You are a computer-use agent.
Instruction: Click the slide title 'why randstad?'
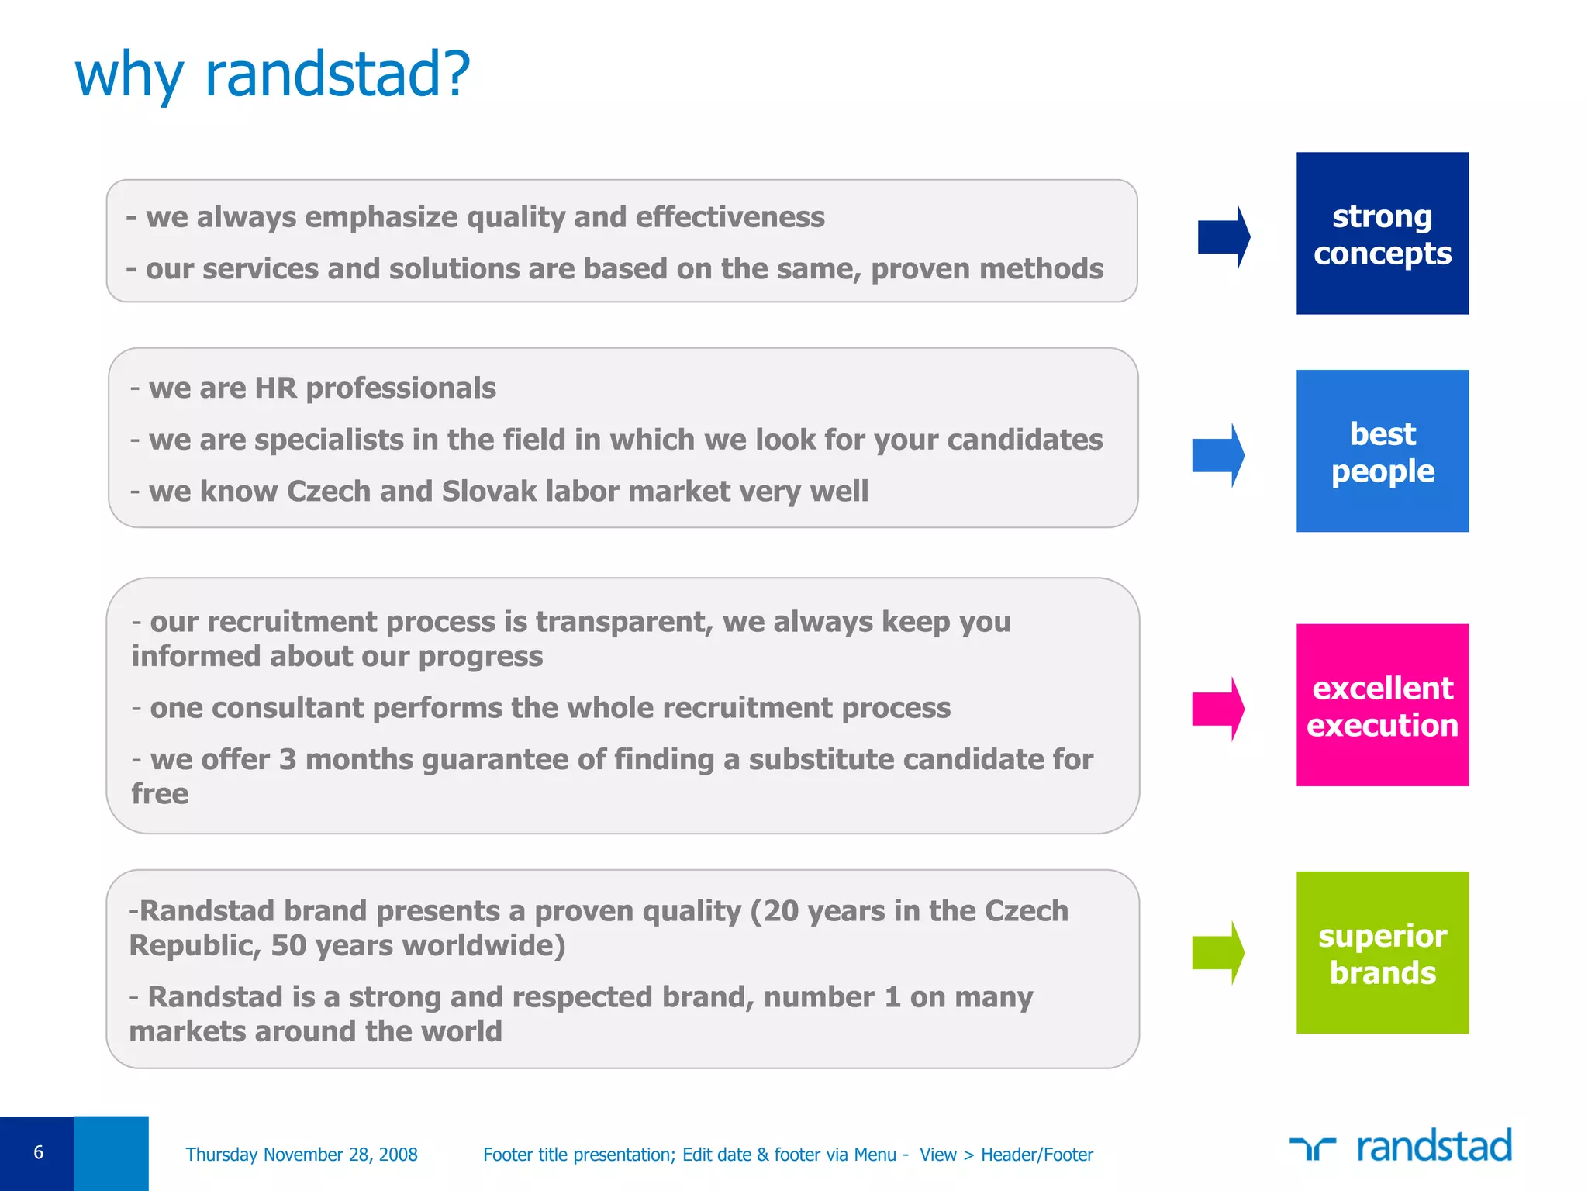pos(271,75)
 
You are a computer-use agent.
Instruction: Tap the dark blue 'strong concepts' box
pos(1382,233)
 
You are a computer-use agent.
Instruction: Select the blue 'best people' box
pos(1382,451)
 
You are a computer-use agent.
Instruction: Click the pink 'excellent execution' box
pos(1382,705)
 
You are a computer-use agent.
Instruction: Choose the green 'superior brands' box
pos(1382,952)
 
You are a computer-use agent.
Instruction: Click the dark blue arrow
pos(1224,237)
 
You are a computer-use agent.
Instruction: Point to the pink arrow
pos(1218,709)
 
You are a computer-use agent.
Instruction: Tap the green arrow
pos(1218,952)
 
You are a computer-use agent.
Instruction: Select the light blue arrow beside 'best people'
pos(1218,455)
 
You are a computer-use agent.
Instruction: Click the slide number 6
pos(38,1152)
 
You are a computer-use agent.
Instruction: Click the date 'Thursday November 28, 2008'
pos(302,1155)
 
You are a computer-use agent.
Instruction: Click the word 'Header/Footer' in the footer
pos(1037,1155)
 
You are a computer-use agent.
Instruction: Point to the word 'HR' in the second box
pos(275,388)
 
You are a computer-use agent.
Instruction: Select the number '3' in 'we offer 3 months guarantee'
pos(288,760)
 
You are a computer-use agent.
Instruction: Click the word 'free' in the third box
pos(160,794)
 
